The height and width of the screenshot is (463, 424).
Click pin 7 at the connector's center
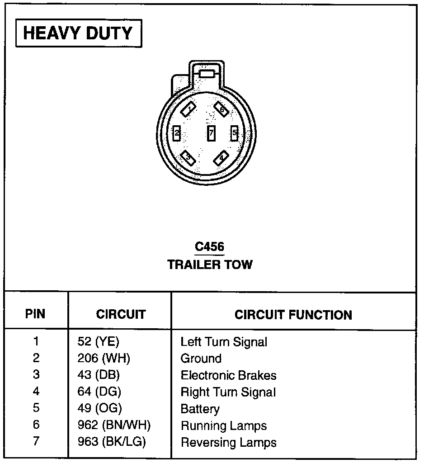[x=211, y=133]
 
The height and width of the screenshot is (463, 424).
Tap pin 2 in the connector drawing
[x=177, y=133]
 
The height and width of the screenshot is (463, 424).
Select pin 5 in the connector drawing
[x=234, y=133]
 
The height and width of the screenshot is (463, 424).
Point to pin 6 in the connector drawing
[x=221, y=109]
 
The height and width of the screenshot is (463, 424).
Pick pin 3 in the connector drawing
[x=188, y=158]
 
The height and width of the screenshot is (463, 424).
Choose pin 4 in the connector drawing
[x=221, y=158]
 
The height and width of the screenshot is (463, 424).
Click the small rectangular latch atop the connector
[x=207, y=74]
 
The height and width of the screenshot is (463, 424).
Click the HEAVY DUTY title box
[x=78, y=33]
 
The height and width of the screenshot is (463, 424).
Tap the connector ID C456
[x=209, y=247]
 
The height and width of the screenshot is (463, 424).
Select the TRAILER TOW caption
[x=210, y=265]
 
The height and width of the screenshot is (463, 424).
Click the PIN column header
[x=35, y=314]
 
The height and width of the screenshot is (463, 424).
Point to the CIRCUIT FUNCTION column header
[x=293, y=315]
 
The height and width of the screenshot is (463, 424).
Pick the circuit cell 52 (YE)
[x=98, y=342]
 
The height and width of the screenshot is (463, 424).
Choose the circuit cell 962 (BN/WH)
[x=114, y=425]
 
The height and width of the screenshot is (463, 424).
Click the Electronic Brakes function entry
[x=228, y=375]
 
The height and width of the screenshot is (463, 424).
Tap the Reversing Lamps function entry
[x=228, y=442]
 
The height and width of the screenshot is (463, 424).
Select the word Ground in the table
[x=201, y=359]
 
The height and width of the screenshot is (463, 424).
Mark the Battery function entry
[x=200, y=409]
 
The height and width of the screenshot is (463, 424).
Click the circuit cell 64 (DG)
[x=99, y=392]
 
